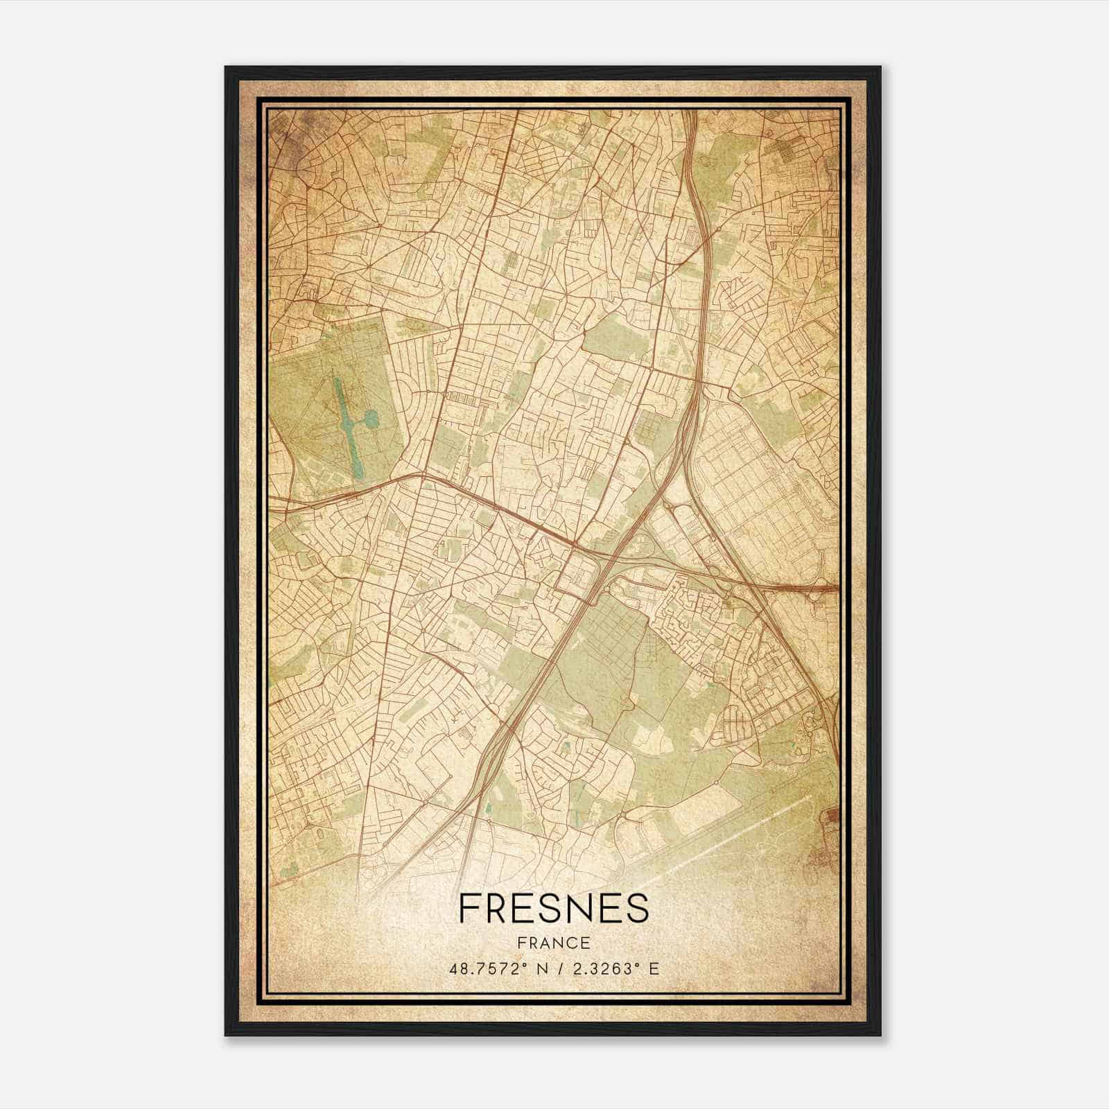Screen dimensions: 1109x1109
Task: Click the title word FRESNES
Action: point(553,908)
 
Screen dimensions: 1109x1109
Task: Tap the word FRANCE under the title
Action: point(553,943)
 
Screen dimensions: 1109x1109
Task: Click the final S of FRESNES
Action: point(637,908)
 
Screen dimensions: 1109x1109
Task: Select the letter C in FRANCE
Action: point(570,943)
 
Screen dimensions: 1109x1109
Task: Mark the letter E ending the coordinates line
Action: point(655,969)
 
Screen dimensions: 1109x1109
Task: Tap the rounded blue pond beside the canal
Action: point(372,418)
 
